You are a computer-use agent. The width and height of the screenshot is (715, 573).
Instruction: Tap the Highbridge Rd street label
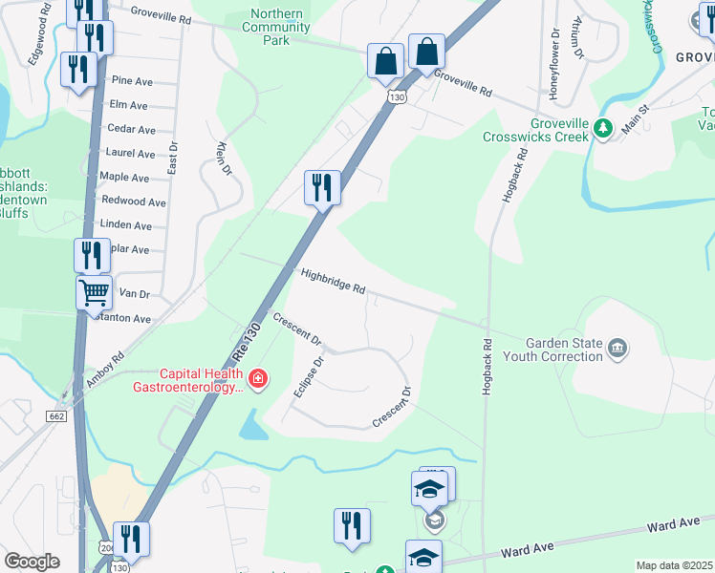tap(333, 281)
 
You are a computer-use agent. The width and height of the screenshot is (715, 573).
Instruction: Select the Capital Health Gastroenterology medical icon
tap(257, 380)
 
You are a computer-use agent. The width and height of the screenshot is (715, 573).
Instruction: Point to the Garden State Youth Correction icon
tap(617, 350)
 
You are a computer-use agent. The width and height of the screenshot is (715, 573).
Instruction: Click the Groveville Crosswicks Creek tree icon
tap(602, 129)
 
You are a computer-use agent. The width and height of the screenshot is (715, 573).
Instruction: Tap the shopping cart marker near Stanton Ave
tap(94, 293)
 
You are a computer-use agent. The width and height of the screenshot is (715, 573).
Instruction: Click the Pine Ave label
tap(132, 81)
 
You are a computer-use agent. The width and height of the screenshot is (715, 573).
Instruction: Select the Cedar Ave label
tap(132, 129)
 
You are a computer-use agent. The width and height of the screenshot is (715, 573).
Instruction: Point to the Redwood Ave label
tap(134, 202)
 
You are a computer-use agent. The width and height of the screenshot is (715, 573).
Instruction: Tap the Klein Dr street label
tap(226, 154)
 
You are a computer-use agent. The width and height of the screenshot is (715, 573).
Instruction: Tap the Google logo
tap(32, 562)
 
